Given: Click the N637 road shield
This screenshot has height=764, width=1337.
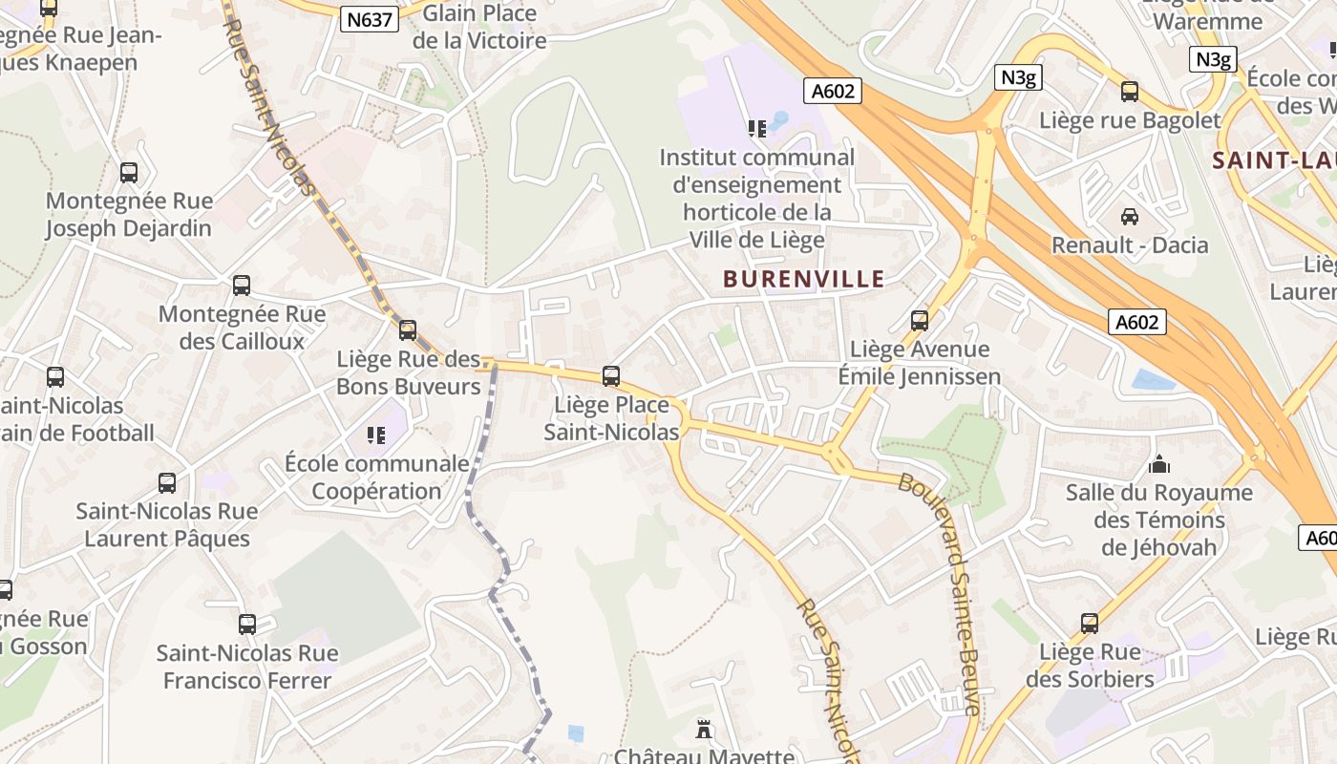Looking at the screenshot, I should click(x=370, y=19).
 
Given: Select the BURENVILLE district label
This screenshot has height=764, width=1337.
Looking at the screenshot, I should click(x=803, y=279).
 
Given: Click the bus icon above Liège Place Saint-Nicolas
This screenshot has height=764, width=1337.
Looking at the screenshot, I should click(x=611, y=376).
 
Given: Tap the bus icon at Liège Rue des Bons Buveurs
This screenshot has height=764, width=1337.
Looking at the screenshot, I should click(x=408, y=330).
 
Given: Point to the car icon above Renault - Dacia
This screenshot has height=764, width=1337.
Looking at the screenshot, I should click(x=1130, y=217).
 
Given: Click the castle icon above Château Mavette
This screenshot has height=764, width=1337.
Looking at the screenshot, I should click(x=704, y=732).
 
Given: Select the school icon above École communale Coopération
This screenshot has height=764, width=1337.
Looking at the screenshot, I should click(x=376, y=435).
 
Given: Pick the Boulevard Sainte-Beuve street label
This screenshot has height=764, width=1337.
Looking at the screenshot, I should click(x=941, y=592).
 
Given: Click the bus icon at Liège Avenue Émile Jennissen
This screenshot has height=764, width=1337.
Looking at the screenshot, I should click(x=920, y=321).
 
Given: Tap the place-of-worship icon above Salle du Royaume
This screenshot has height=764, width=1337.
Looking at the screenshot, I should click(x=1159, y=465).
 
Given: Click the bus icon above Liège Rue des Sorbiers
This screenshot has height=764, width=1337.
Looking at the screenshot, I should click(x=1090, y=624).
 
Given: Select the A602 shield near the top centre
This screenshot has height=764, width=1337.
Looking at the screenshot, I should click(x=833, y=91).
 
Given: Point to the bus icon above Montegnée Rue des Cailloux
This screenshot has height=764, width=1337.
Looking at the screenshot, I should click(x=242, y=286).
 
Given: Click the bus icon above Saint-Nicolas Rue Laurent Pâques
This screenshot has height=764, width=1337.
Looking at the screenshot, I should click(x=167, y=483).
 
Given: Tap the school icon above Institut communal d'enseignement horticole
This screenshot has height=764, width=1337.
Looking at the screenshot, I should click(x=757, y=128).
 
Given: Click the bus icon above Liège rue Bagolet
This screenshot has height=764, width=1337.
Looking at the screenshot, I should click(x=1130, y=92).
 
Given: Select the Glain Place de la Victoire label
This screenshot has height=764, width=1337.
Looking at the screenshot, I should click(x=479, y=27).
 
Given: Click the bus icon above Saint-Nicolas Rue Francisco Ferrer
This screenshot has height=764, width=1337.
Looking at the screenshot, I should click(x=247, y=625).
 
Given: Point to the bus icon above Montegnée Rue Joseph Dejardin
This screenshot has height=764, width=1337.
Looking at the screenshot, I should click(x=129, y=173).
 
